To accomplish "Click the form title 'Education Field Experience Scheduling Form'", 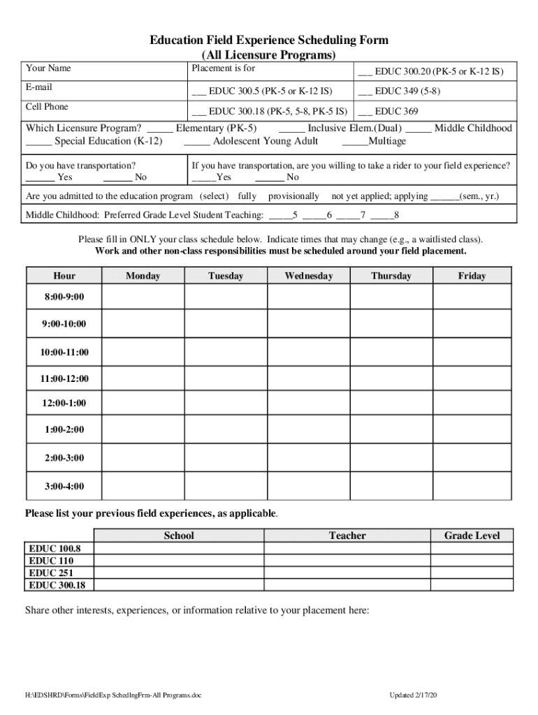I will (x=269, y=40).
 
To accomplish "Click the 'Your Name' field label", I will (x=48, y=68).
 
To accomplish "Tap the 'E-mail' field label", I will (x=39, y=87).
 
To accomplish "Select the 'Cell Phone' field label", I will (x=47, y=107).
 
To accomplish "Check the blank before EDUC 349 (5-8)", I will (x=365, y=91).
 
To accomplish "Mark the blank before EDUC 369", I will (x=365, y=111).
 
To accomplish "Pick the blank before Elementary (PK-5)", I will (x=160, y=128).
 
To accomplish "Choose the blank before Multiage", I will (x=354, y=142).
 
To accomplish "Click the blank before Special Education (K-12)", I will (x=38, y=142).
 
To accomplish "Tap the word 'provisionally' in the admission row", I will (x=293, y=196).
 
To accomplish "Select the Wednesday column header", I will (x=309, y=276).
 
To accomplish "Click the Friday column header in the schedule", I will (x=472, y=276).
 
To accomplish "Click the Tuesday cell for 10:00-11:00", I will (x=225, y=351).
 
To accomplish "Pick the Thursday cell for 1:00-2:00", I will (x=391, y=429).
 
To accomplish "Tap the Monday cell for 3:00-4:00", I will (x=143, y=485).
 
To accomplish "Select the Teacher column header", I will (x=347, y=536).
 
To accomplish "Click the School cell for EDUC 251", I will (x=179, y=573).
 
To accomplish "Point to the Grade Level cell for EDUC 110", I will (x=472, y=561).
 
